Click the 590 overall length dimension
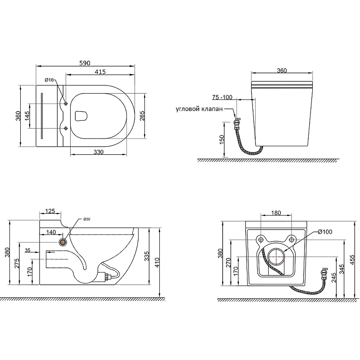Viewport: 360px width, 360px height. pos(85,63)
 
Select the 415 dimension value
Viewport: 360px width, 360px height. pos(100,72)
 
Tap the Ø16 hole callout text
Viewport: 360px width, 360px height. pos(49,80)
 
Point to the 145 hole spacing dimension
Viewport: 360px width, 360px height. pos(27,116)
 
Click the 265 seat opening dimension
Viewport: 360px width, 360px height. pos(142,116)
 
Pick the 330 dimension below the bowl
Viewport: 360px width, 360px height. pos(99,152)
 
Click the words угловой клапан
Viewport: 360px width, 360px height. pos(199,109)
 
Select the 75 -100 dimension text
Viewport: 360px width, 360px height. pos(222,97)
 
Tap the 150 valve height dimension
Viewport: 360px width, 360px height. pos(221,139)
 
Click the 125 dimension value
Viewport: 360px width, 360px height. pos(50,211)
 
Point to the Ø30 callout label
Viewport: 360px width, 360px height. pos(86,219)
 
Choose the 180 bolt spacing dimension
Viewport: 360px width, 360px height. pos(276,213)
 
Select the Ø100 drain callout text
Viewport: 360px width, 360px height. pos(325,232)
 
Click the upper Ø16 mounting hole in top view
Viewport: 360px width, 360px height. pos(66,103)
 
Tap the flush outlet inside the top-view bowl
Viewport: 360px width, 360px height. pos(81,116)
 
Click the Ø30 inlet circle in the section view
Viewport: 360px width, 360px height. pos(63,242)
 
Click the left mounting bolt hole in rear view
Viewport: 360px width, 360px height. pos(261,239)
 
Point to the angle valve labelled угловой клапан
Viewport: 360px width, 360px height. pos(236,122)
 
